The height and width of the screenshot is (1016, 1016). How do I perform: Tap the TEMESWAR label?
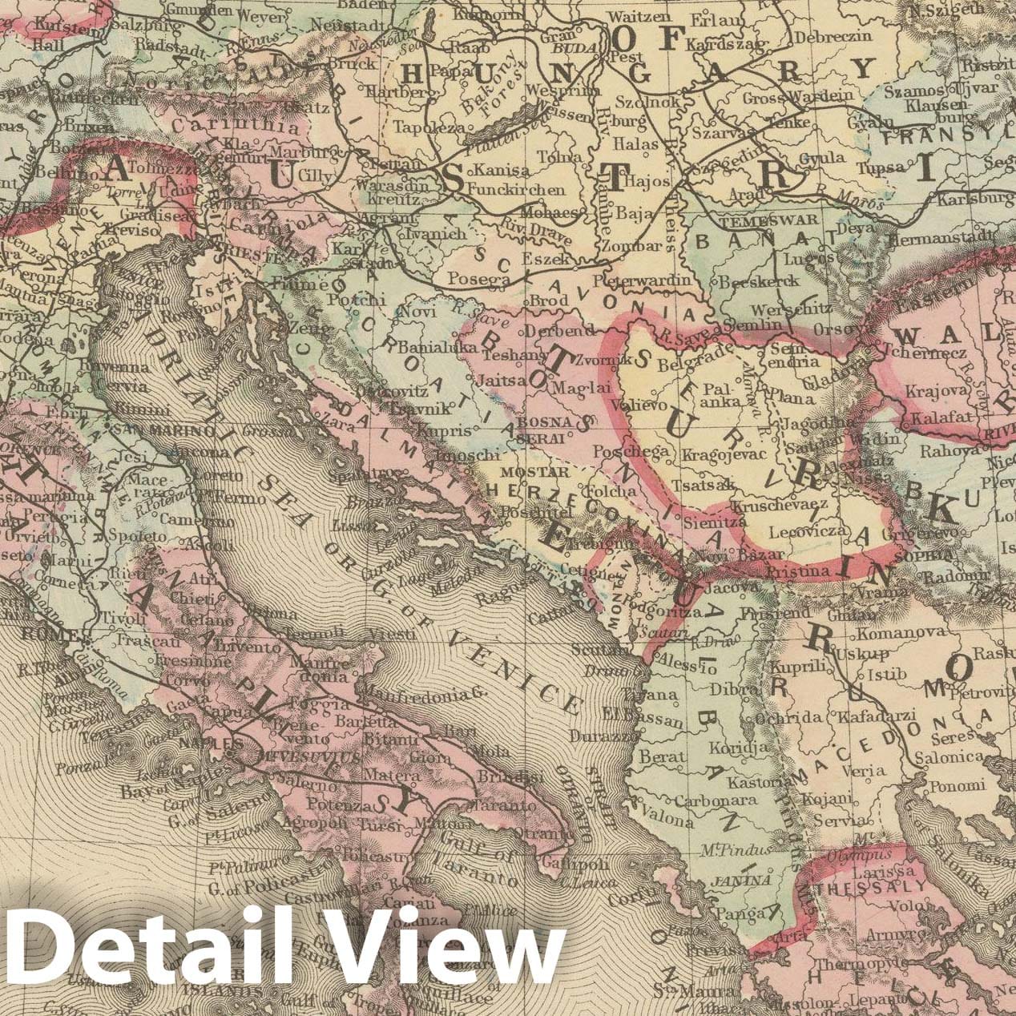768,219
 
